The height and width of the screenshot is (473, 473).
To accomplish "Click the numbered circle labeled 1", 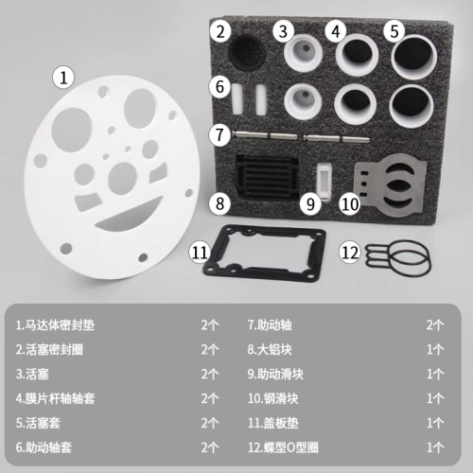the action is point(63,78).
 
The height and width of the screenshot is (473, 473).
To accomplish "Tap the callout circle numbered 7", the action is point(220,134).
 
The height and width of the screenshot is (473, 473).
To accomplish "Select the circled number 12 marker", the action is point(350,253).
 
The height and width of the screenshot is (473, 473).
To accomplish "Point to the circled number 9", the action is point(310,203).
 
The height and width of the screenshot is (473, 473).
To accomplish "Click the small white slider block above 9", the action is point(324,181).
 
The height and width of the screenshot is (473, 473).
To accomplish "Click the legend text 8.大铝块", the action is point(270,350).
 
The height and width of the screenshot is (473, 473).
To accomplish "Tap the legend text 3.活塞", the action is point(32,375).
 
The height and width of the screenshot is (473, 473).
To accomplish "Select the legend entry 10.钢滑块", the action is point(272,398).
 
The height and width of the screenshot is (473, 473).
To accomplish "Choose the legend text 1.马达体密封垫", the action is point(55,325).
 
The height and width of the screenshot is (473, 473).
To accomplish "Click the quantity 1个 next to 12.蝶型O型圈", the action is point(435,447).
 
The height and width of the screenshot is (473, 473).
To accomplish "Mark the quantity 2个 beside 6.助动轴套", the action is point(210,447).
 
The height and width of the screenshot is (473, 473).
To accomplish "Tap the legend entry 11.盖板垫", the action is point(272,423).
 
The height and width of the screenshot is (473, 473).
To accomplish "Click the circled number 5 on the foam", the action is point(394,31).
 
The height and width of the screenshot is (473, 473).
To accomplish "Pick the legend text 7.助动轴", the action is point(270,325).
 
